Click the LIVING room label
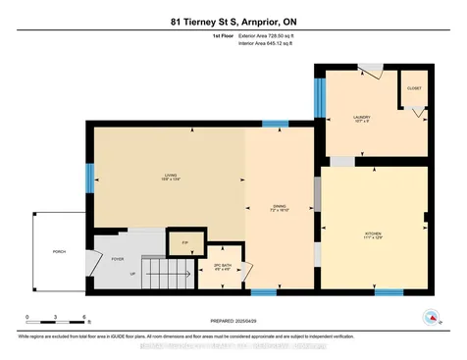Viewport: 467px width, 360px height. pyautogui.click(x=170, y=177)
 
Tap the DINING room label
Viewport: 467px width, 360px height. pyautogui.click(x=279, y=207)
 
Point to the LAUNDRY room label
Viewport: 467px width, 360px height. pyautogui.click(x=362, y=119)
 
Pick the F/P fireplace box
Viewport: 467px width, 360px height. pyautogui.click(x=184, y=240)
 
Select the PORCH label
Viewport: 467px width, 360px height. pyautogui.click(x=58, y=252)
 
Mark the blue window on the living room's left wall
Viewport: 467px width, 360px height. pyautogui.click(x=89, y=177)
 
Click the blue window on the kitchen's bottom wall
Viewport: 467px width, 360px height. pyautogui.click(x=389, y=291)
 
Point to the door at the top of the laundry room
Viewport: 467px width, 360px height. pyautogui.click(x=370, y=68)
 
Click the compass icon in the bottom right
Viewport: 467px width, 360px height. pyautogui.click(x=430, y=316)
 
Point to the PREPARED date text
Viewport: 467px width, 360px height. pyautogui.click(x=233, y=320)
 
